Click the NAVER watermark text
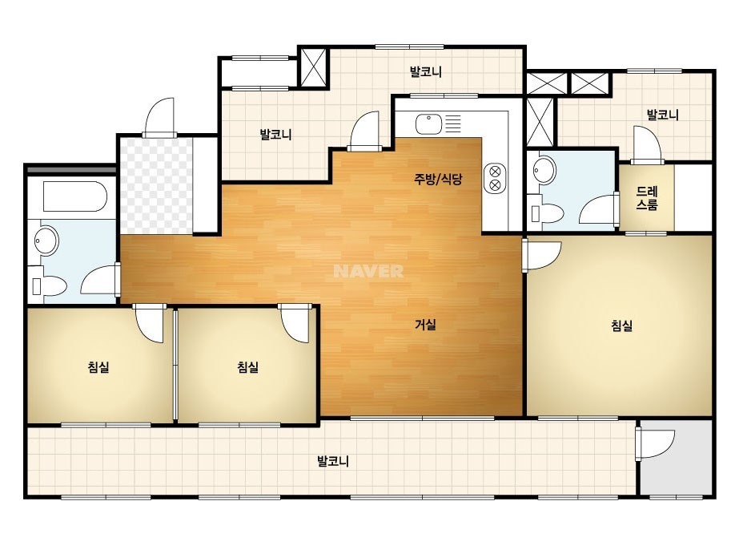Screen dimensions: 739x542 point(368,271)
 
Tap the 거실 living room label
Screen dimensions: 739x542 point(425,325)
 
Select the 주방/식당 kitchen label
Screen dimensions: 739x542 point(438,179)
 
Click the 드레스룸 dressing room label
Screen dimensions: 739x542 point(647,198)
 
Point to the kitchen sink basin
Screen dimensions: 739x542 point(428,124)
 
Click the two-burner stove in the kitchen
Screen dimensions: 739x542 point(495,178)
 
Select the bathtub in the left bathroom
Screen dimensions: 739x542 point(75,196)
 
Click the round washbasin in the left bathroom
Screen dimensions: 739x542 point(46,241)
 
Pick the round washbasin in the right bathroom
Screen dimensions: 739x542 point(544,170)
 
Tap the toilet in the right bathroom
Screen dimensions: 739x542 point(547,213)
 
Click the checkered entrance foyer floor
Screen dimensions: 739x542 point(156,186)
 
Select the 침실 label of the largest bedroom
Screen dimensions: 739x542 point(621,326)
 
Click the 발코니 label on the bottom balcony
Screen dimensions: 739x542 point(333,461)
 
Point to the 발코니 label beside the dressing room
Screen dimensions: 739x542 point(662,115)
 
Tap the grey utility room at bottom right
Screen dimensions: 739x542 point(677,457)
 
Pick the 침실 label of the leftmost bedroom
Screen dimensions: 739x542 point(98,367)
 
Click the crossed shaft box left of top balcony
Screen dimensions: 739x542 point(313,67)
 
